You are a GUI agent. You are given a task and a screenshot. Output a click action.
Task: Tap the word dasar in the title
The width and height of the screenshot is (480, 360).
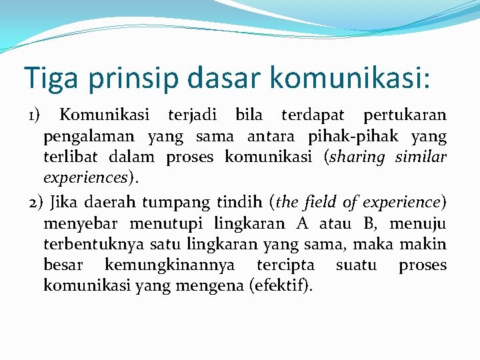pos(225,77)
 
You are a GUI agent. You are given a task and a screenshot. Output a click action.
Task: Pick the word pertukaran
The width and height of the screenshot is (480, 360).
pos(405,115)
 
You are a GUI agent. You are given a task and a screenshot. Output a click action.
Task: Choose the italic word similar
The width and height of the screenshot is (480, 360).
pos(421,158)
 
